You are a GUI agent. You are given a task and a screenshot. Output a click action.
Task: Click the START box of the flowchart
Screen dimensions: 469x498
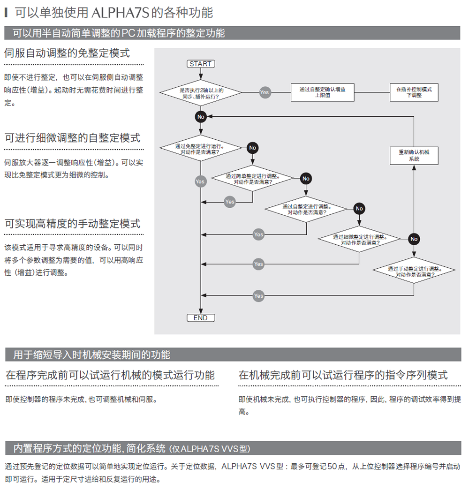click(201, 64)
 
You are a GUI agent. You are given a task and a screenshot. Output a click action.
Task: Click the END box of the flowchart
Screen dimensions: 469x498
click(201, 318)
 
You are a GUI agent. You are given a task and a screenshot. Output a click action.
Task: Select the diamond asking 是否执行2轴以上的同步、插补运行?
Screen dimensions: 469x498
click(201, 93)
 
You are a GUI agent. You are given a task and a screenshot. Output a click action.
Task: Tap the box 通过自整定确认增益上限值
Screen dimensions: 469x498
click(322, 92)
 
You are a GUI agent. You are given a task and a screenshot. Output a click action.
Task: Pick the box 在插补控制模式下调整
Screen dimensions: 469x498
click(414, 92)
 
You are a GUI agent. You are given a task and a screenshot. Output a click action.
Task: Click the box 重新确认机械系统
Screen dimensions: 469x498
click(414, 156)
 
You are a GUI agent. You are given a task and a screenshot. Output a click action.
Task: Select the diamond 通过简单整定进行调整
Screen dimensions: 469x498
click(253, 178)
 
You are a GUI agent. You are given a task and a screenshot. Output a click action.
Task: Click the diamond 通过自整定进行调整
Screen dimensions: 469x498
click(306, 209)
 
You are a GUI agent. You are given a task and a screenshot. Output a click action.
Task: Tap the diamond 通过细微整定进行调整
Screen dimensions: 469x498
click(359, 239)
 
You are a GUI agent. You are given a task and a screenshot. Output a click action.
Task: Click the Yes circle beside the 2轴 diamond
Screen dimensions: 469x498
click(265, 92)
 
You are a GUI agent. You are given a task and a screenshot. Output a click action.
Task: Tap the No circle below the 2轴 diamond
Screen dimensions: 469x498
click(201, 117)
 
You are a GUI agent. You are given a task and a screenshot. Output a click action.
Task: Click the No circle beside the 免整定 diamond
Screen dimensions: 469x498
click(253, 148)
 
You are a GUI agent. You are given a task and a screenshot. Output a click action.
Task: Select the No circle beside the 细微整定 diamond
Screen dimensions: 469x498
click(414, 239)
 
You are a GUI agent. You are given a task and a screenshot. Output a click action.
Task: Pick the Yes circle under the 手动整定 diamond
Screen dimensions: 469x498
click(258, 296)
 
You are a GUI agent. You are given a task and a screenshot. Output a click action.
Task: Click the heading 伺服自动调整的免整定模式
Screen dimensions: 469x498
click(67, 53)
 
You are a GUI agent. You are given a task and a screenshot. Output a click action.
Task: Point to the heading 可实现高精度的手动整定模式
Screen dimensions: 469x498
click(72, 224)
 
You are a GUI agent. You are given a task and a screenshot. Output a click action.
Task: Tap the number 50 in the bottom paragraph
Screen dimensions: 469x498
click(332, 466)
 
